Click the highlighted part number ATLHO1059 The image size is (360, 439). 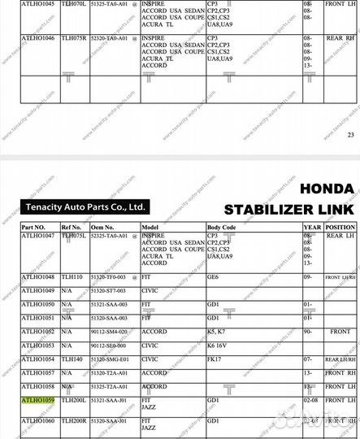[x=37, y=400]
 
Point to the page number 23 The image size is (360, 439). [x=350, y=135]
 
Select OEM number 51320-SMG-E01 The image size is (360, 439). [x=110, y=359]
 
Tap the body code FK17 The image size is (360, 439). [x=215, y=359]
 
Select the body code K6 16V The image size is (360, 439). [x=219, y=345]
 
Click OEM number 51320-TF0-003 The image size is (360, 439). [x=110, y=277]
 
